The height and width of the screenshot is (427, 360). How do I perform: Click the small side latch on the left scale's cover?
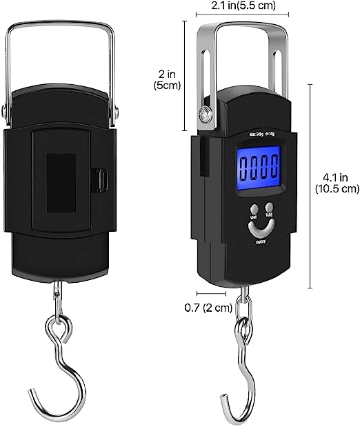(x=101, y=179)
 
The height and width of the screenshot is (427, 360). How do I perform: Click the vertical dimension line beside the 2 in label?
(x=185, y=76)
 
